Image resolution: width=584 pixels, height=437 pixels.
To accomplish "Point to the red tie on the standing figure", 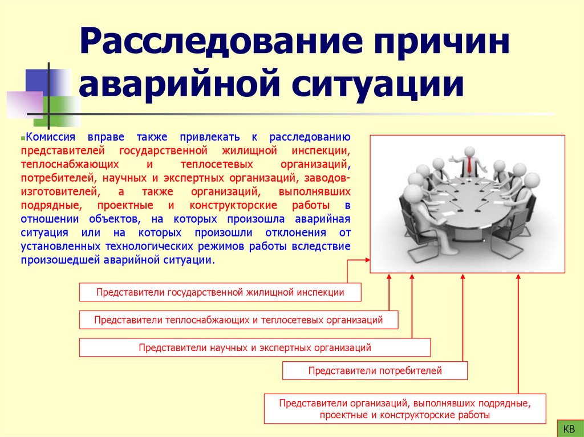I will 469,166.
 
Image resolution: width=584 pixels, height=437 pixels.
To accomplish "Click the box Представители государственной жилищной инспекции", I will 220,292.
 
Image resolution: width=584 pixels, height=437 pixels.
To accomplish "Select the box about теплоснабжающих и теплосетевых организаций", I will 238,320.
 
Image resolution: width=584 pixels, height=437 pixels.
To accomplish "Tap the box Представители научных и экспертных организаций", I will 254,348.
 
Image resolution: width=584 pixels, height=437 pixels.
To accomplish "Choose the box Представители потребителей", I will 375,371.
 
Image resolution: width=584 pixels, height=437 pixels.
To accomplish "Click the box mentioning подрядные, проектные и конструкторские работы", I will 404,409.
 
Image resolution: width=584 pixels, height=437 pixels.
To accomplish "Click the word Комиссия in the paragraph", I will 50,138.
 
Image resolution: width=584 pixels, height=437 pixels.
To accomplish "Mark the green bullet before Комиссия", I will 22,138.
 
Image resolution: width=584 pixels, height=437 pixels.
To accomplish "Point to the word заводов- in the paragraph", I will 330,178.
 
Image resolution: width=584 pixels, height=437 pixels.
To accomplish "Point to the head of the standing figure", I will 469,152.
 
